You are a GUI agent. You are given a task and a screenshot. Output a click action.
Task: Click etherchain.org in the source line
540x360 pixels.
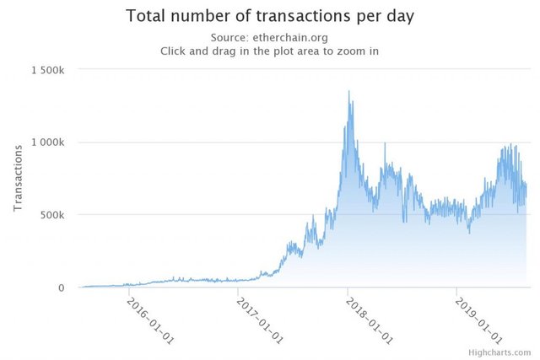[294, 37]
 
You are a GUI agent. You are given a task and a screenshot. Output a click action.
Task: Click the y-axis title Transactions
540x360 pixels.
[18, 179]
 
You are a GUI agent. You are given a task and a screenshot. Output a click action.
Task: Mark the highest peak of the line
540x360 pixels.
[349, 91]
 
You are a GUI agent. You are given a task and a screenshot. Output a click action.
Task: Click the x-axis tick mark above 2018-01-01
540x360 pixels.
[348, 292]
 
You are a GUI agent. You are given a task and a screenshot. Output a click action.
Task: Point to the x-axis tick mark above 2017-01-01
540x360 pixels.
[239, 292]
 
